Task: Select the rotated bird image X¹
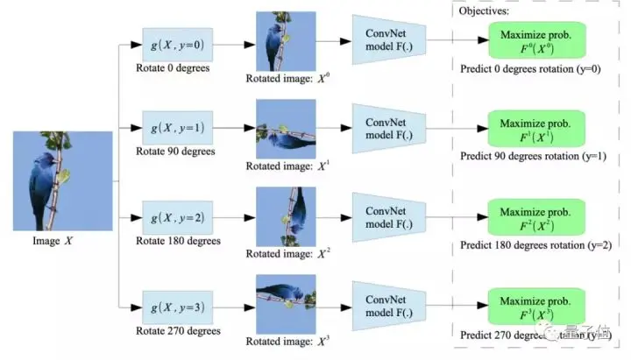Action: coord(280,127)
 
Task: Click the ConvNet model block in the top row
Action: coord(382,39)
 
